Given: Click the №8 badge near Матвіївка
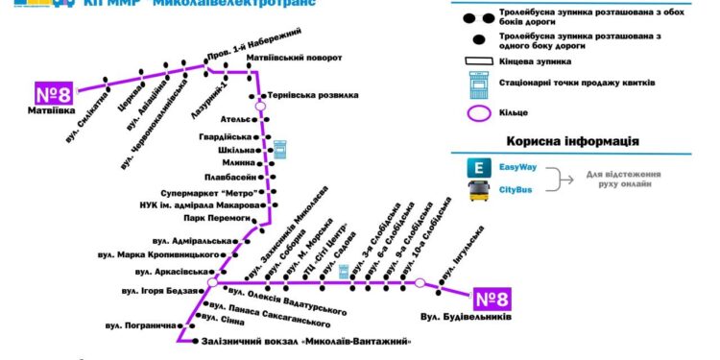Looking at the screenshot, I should (54, 94).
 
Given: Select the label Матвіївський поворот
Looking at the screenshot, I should (294, 58).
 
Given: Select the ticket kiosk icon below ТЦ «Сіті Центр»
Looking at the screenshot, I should (331, 272).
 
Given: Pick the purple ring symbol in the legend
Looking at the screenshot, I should (477, 113).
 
